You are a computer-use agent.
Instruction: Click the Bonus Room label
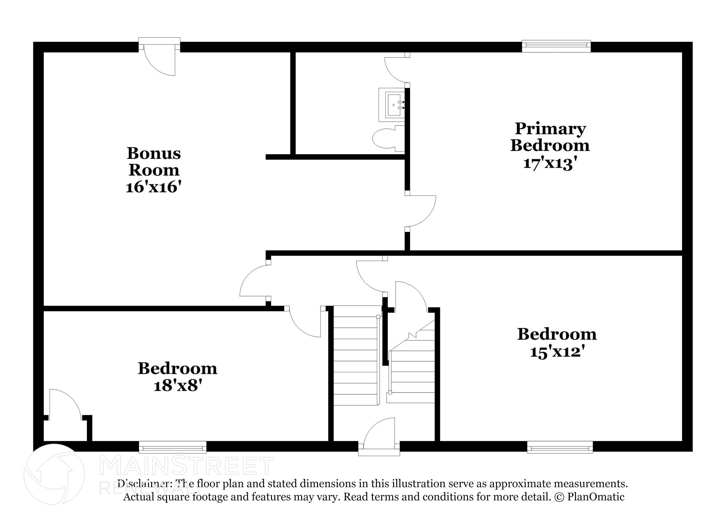pos(154,162)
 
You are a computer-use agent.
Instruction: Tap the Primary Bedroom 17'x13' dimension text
pos(548,163)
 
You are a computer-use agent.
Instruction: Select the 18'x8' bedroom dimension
pos(178,385)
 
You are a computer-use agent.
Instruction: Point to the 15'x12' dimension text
pos(557,352)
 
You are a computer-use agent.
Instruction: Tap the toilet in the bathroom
pos(389,138)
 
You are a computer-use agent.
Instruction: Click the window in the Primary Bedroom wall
pos(556,46)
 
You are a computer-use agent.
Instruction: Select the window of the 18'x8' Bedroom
pos(173,447)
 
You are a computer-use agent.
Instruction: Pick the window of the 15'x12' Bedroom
pos(560,447)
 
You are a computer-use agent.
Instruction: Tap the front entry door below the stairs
pos(379,437)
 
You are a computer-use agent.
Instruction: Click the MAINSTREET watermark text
pos(187,466)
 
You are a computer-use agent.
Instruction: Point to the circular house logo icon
pos(54,474)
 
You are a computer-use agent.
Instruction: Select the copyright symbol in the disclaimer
pos(559,497)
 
